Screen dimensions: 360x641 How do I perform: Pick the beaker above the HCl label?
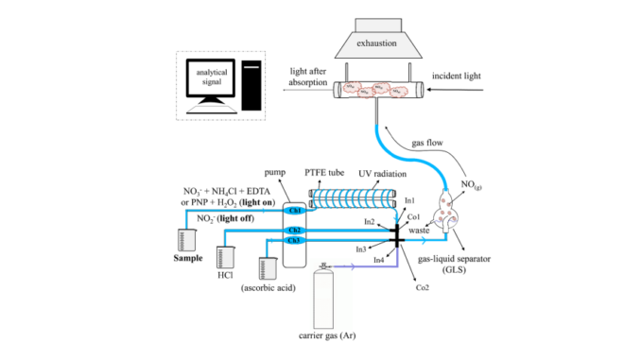225,258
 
